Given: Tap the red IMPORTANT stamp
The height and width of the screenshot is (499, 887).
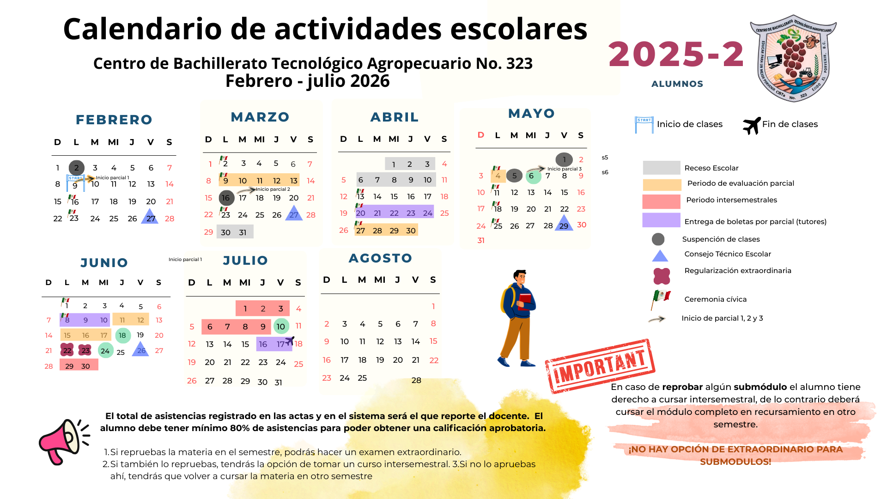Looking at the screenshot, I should tap(600, 366).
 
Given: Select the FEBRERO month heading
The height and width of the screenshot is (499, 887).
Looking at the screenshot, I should tap(114, 120).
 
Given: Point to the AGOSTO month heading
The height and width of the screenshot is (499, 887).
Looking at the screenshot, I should tap(380, 258).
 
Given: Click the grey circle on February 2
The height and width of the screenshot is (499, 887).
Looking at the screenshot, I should tap(77, 168).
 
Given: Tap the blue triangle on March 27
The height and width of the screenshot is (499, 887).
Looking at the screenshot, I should tap(294, 213).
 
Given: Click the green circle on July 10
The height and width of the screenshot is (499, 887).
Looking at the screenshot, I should tap(281, 327).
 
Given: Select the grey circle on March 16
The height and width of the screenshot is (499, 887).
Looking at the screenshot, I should tap(226, 198).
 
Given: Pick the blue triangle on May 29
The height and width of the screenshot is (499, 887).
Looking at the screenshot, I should tap(564, 224).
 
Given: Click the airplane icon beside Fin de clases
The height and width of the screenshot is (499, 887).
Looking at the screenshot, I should tap(752, 125).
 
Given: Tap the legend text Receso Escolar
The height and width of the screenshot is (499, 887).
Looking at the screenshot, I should tap(711, 168).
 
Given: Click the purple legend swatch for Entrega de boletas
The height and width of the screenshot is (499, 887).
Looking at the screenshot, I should tap(661, 220).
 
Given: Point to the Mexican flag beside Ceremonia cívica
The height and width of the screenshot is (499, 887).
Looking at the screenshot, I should tap(661, 299).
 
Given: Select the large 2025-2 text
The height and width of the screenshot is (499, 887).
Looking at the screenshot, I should tap(676, 55).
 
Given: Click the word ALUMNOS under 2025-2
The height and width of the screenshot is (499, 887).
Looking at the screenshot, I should tap(677, 84).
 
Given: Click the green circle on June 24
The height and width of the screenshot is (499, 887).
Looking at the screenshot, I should tap(105, 351).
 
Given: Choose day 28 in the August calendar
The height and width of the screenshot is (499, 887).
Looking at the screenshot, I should tap(416, 380).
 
